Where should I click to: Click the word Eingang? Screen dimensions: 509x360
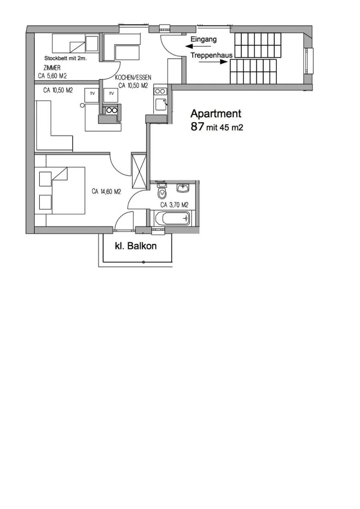(204, 39)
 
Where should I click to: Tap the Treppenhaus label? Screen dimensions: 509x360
(211, 55)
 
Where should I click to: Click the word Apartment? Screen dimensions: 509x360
(216, 114)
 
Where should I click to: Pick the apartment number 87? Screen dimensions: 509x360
(197, 126)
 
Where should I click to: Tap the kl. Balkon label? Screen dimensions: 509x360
(136, 246)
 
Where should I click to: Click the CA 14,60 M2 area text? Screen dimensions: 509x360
(106, 192)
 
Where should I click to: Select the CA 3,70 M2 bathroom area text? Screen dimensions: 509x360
(174, 205)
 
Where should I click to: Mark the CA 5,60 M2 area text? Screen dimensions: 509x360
(52, 76)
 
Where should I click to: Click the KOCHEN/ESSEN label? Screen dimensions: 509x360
(133, 78)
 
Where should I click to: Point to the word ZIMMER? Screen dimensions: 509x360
(52, 68)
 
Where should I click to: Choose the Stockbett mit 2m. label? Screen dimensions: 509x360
(65, 59)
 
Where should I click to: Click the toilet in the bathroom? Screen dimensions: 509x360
(161, 193)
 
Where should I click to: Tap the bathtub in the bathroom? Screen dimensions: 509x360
(172, 219)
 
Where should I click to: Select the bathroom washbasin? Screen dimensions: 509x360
(183, 187)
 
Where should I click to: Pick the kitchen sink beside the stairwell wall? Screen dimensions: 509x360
(161, 104)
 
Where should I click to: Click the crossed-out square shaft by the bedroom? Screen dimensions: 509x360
(139, 170)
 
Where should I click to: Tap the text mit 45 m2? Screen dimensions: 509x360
(225, 127)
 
